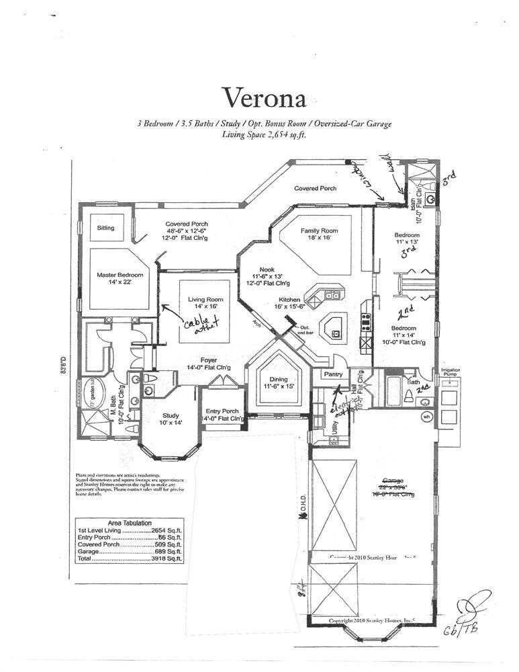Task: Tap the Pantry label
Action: [x=334, y=374]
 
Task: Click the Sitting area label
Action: [x=105, y=228]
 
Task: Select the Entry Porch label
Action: [x=222, y=411]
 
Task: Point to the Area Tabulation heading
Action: [x=130, y=522]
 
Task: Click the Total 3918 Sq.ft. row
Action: [x=129, y=558]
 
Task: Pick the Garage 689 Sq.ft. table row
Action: [x=129, y=552]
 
